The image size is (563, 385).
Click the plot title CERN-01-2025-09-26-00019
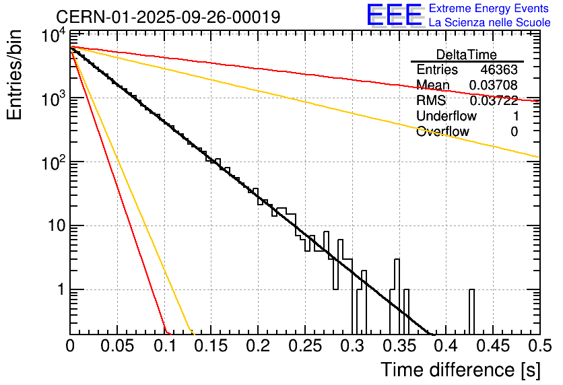[x=168, y=17]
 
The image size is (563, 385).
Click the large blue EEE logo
[x=394, y=16]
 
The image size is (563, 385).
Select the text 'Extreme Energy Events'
[x=489, y=9]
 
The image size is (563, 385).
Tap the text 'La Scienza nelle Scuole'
[x=490, y=22]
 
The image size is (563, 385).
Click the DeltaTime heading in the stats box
[x=467, y=55]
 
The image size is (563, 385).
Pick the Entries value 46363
[x=499, y=70]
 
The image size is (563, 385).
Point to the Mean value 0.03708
[x=494, y=85]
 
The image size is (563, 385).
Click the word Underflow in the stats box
[x=446, y=116]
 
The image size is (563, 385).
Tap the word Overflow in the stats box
[x=442, y=131]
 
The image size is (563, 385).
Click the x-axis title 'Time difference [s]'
[x=460, y=370]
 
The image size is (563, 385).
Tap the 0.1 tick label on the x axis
[x=164, y=346]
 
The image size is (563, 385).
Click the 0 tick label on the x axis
[x=70, y=346]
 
